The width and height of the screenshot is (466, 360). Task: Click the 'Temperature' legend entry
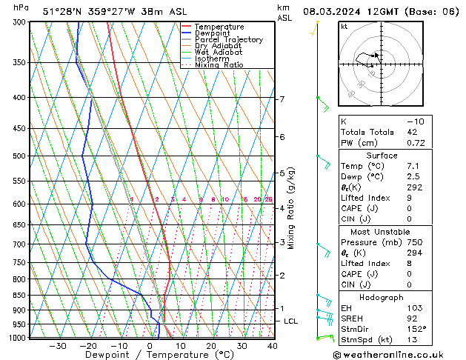pos(219,27)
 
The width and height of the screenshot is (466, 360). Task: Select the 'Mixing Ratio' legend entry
pos(219,65)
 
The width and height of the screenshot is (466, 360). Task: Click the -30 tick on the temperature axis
pos(58,346)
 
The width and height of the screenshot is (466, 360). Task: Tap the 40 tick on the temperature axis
pos(272,346)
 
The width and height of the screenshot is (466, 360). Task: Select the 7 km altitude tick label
pos(282,99)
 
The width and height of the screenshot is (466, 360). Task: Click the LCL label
pos(290,321)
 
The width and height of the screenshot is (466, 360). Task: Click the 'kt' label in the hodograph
pos(344,27)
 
